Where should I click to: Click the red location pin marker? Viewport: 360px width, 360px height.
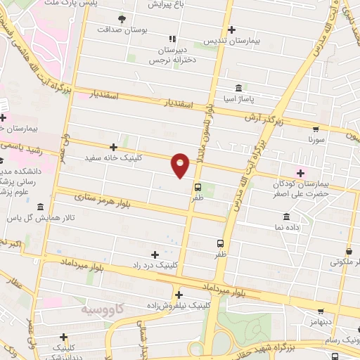pos(181,165)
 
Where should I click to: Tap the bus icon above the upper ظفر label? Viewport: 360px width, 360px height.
pos(198,187)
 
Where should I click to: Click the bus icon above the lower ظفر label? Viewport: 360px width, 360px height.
pos(221,243)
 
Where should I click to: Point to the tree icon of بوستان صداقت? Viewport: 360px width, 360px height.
pos(122,18)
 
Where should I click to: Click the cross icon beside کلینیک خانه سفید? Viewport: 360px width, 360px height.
pos(113,147)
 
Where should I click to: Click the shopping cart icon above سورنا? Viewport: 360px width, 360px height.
pos(316,129)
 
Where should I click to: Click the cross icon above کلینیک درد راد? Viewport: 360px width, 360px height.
pos(155,254)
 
